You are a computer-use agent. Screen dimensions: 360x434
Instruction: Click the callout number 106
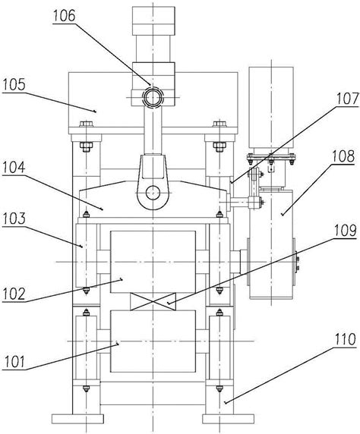pos(65,17)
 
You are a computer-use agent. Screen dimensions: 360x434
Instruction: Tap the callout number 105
pos(14,85)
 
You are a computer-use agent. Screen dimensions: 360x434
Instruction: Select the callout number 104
pos(14,168)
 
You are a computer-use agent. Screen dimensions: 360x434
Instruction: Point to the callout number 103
pos(14,219)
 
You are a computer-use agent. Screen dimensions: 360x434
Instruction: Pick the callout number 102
pos(14,294)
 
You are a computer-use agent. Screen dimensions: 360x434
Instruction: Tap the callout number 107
pos(348,99)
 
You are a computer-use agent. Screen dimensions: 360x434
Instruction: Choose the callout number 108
pos(343,156)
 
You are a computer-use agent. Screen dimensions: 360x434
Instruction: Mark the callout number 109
pos(345,231)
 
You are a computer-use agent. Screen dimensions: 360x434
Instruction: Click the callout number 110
pos(346,339)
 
